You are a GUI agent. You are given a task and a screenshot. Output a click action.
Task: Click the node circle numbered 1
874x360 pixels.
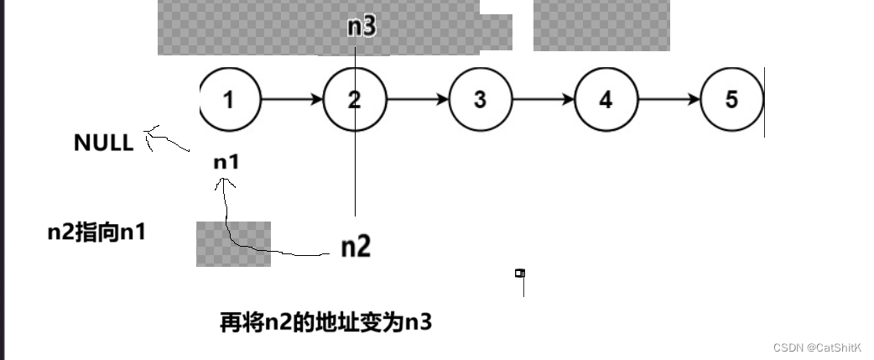(229, 100)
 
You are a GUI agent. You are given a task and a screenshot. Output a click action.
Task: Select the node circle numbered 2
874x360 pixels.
(354, 100)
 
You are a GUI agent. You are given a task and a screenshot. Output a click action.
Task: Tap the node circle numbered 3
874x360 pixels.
(480, 100)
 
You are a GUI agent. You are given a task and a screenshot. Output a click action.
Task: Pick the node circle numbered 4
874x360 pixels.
(606, 100)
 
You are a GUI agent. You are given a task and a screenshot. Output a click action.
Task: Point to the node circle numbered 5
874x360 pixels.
(731, 100)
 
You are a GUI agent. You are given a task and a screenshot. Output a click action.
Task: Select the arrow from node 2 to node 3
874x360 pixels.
(417, 100)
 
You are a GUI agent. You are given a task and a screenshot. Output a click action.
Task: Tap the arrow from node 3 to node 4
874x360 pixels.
(543, 100)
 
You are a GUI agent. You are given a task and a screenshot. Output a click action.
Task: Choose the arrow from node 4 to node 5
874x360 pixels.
(669, 100)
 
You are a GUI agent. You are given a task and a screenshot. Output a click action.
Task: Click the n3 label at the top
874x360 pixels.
(362, 27)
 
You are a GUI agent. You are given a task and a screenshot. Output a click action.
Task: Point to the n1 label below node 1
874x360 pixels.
(226, 162)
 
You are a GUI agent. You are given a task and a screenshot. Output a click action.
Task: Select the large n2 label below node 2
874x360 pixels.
(356, 247)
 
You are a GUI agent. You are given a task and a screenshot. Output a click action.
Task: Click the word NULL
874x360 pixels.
(103, 143)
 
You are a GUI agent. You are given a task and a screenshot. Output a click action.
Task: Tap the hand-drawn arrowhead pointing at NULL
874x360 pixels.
(152, 133)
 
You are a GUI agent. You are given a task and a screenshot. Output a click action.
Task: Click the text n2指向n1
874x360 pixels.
(96, 232)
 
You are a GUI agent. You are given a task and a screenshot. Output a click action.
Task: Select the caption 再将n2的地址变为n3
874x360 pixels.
(325, 321)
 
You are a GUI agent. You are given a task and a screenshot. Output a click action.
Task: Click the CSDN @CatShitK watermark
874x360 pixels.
(817, 347)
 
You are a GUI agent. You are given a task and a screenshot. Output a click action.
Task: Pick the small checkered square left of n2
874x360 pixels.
(233, 243)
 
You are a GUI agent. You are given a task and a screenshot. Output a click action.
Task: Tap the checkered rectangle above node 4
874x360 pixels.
(601, 25)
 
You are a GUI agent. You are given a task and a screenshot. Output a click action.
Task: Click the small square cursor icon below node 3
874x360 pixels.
(520, 273)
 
